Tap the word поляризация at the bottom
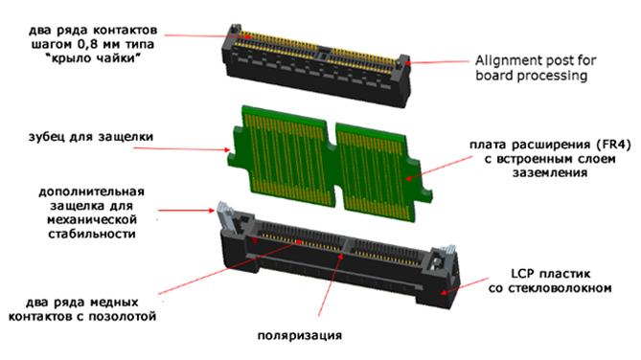300,336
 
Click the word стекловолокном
560,288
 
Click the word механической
92,220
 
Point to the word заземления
550,173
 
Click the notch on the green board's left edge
231,156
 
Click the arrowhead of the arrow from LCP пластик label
444,292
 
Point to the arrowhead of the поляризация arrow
342,256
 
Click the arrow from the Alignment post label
437,62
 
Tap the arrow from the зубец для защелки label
182,148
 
